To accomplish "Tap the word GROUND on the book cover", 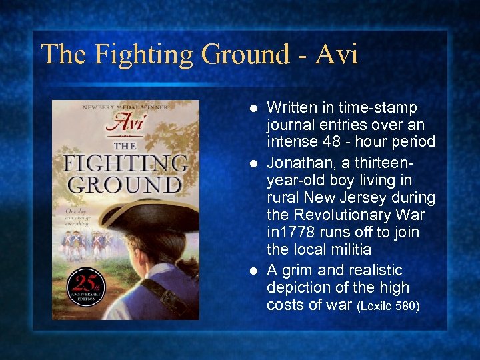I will tap(125, 185).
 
